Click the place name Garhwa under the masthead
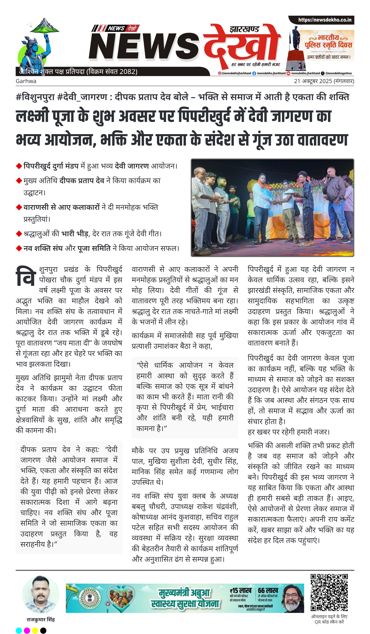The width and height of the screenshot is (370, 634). pos(26,81)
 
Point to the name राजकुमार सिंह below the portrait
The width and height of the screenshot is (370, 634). pos(40,620)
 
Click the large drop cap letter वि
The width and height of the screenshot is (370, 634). pos(25,276)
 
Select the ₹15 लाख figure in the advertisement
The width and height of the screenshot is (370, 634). pos(240,590)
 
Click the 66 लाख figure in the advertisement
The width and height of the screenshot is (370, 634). pos(268,590)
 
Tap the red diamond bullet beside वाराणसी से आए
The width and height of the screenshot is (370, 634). pos(19,207)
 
